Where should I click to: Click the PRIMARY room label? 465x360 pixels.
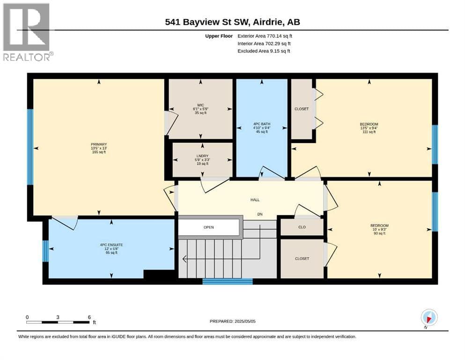(x=99, y=144)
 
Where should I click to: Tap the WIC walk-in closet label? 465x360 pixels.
(x=200, y=105)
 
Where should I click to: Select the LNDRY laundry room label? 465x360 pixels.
(x=203, y=156)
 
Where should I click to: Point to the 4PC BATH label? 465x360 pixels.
(x=262, y=124)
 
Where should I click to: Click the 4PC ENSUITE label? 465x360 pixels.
(x=111, y=245)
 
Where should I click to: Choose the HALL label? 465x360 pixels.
(x=255, y=200)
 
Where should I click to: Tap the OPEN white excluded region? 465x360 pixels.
(x=209, y=227)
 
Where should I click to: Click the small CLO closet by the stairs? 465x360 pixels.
(x=302, y=227)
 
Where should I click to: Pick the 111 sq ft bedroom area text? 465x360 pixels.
(x=369, y=132)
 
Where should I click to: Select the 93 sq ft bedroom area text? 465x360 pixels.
(x=380, y=233)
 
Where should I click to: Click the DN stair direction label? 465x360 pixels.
(x=260, y=214)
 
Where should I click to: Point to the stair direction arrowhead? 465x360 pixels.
(x=184, y=259)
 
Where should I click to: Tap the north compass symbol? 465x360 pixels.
(x=429, y=318)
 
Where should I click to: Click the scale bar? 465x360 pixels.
(x=58, y=322)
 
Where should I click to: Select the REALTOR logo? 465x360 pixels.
(x=28, y=32)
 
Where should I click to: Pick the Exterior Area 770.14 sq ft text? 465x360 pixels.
(x=265, y=36)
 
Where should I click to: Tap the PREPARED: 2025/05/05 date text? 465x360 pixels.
(x=232, y=321)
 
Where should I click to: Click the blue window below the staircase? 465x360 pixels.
(x=228, y=281)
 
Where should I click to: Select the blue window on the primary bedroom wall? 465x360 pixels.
(x=30, y=147)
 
